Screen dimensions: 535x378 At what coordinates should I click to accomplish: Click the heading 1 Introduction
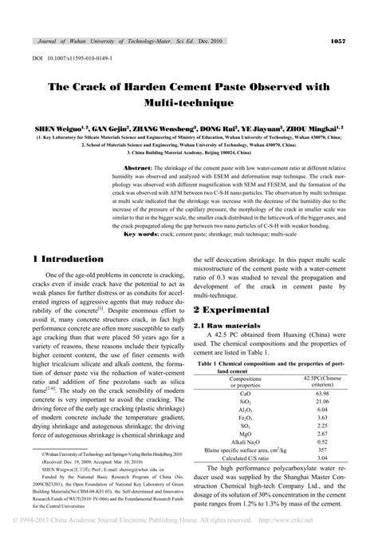[x=74, y=260]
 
